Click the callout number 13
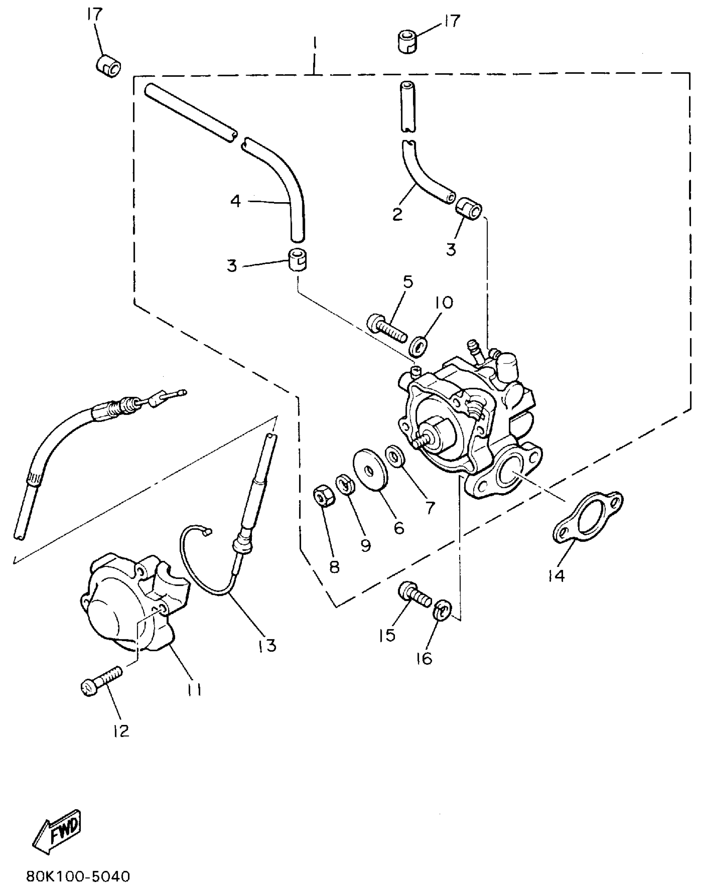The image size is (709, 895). pos(267,646)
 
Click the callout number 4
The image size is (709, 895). pos(236,201)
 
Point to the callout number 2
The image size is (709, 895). pos(397,214)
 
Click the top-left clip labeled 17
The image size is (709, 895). pos(108,65)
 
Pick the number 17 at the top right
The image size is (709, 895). pos(451,21)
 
